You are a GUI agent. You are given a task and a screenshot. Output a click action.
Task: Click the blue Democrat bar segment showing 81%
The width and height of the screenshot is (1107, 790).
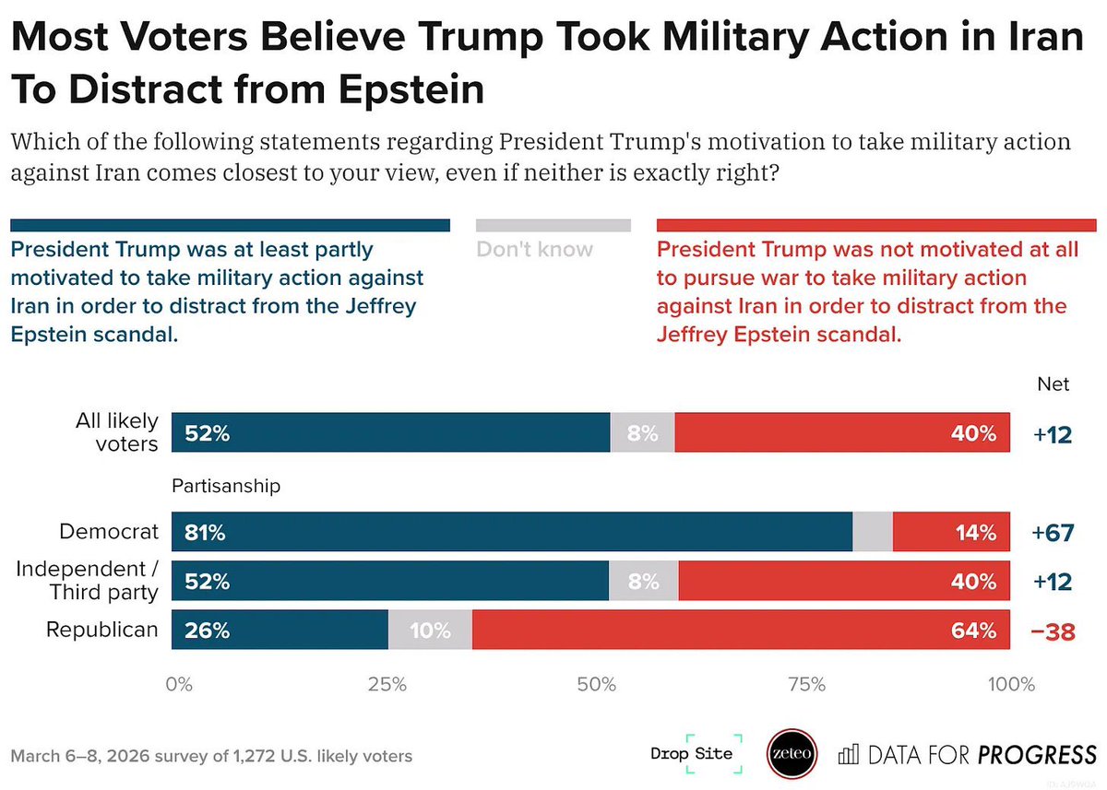(512, 532)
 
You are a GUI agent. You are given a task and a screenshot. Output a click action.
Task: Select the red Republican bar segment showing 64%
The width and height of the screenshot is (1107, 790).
(741, 631)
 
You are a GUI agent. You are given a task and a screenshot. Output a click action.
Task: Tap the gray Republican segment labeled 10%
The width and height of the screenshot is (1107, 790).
(430, 631)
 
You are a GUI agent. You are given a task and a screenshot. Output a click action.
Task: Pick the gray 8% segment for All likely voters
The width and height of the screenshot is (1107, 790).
(642, 432)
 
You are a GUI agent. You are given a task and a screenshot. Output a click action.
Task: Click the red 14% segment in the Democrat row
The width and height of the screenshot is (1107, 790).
(951, 532)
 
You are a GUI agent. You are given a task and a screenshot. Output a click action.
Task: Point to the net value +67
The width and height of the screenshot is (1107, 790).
(1053, 533)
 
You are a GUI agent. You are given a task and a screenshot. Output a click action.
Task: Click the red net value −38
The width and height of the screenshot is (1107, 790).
(1053, 631)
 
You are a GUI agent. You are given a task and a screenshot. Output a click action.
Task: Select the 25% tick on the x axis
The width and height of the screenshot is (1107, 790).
(387, 685)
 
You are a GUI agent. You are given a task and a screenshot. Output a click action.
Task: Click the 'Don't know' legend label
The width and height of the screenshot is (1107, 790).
(535, 249)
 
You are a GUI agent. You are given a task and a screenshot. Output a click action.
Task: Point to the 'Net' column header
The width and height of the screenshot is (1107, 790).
(1053, 383)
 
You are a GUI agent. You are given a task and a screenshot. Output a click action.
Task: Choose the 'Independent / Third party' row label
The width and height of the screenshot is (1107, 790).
(88, 581)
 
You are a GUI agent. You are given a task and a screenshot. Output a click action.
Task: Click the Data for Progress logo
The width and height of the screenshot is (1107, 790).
(967, 755)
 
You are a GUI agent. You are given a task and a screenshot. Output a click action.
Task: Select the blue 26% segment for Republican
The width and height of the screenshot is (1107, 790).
(280, 631)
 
